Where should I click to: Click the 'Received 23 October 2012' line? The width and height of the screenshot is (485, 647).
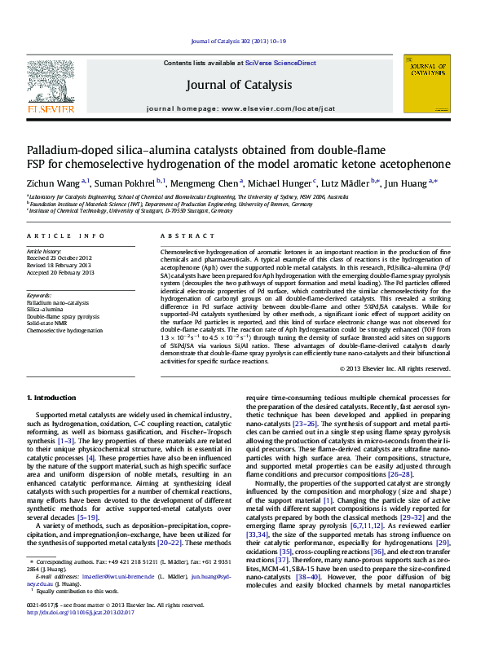point(60,259)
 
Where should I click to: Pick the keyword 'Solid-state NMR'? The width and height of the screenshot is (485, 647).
point(49,323)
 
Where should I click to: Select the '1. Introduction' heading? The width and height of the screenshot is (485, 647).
point(53,397)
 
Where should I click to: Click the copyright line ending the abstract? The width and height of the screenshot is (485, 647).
point(395,368)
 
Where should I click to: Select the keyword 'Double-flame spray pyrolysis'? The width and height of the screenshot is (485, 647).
point(63,316)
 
